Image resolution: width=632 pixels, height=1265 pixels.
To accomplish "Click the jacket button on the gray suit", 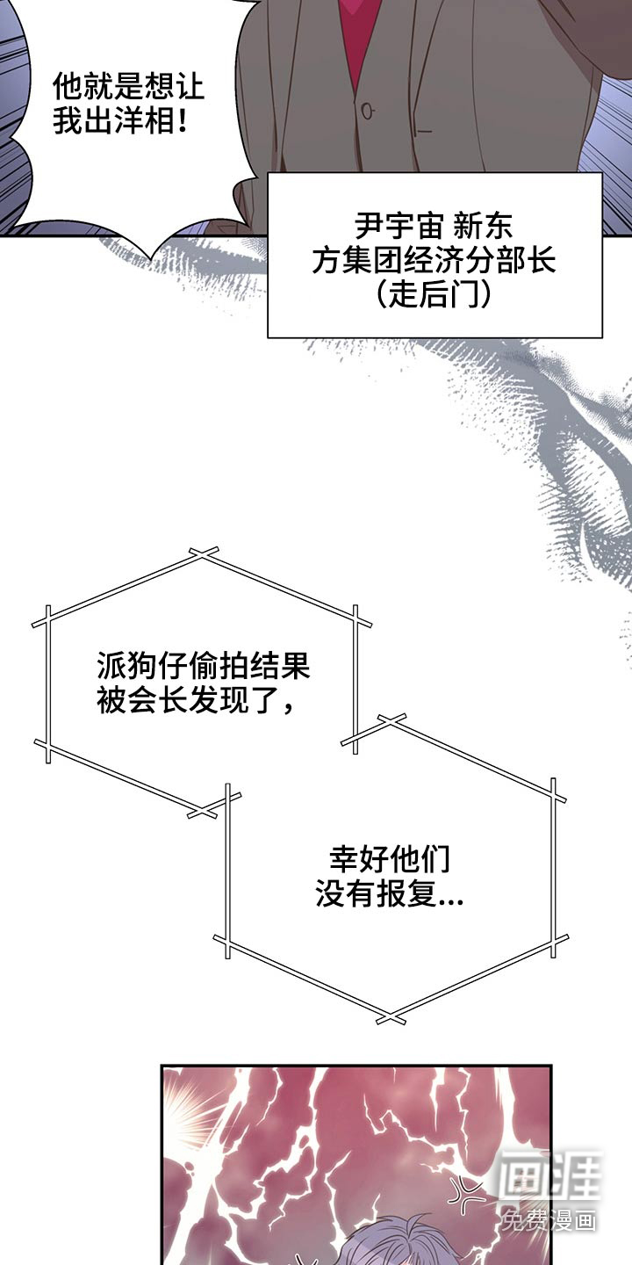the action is pos(368,111).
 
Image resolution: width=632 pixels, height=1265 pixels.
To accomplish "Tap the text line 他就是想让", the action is pos(129,88).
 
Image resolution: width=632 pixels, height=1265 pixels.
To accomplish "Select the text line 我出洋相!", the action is pos(121,121).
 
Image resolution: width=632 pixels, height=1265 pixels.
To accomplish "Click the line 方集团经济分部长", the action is pos(434,260).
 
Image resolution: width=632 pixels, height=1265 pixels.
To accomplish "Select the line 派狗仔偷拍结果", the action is pos(204,667).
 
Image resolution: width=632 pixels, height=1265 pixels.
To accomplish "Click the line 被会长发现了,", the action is pos(196,700).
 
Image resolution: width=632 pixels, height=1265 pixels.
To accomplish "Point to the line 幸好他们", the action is pos(390,859).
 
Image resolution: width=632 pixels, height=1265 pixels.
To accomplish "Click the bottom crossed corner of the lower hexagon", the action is pos(391,1017).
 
